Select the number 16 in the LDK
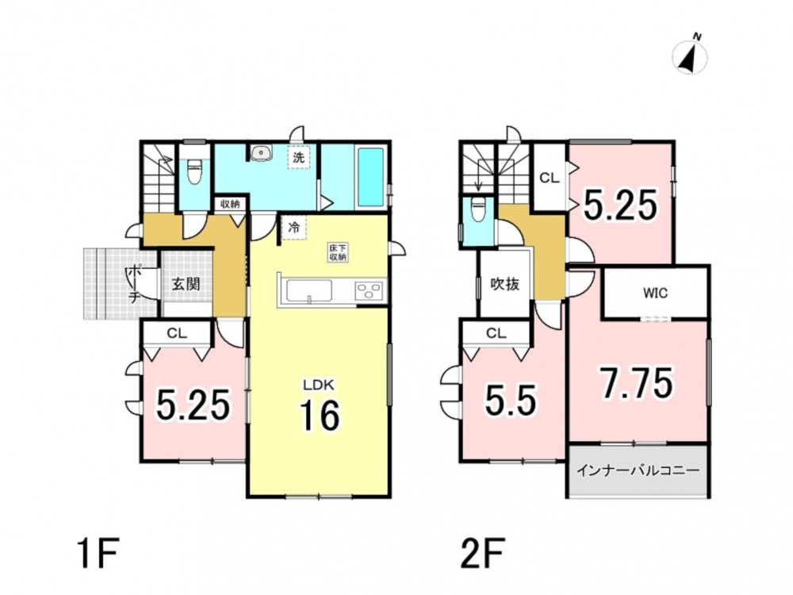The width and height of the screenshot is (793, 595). pyautogui.click(x=320, y=416)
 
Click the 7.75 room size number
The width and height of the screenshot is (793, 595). pyautogui.click(x=637, y=383)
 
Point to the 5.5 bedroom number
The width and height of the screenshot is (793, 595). pyautogui.click(x=510, y=400)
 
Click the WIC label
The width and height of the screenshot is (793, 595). pyautogui.click(x=655, y=293)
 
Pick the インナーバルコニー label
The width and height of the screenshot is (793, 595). pyautogui.click(x=638, y=470)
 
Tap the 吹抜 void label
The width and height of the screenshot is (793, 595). pyautogui.click(x=504, y=284)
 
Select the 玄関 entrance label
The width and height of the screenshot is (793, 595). pyautogui.click(x=186, y=283)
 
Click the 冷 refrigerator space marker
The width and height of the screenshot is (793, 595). pyautogui.click(x=293, y=227)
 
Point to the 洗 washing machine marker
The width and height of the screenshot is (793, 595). pyautogui.click(x=299, y=157)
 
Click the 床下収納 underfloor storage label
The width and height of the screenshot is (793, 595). pyautogui.click(x=337, y=252)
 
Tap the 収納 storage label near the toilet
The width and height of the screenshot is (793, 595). pyautogui.click(x=230, y=205)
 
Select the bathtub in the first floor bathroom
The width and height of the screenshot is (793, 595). pyautogui.click(x=372, y=177)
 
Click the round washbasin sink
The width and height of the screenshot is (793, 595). pyautogui.click(x=261, y=152)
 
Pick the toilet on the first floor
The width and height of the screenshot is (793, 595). pyautogui.click(x=194, y=172)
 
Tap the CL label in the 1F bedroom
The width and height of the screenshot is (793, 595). pyautogui.click(x=177, y=333)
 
